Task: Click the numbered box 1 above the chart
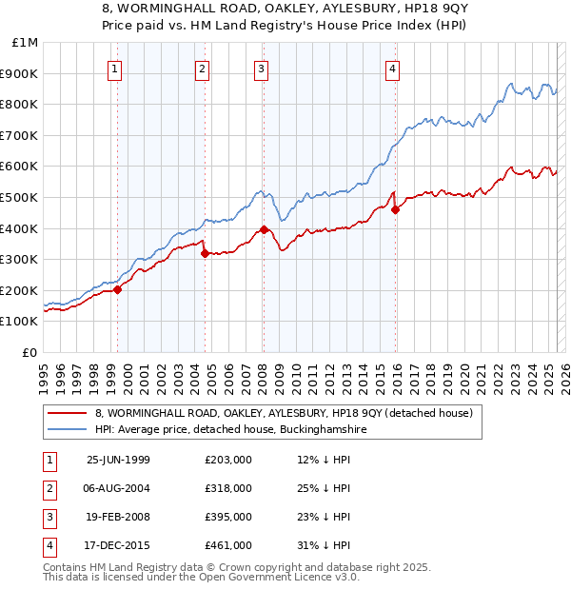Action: click(114, 68)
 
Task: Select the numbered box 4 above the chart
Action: click(392, 68)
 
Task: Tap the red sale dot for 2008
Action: click(263, 229)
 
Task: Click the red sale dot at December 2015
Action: click(395, 209)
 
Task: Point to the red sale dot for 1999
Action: click(118, 289)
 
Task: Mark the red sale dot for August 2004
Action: click(205, 253)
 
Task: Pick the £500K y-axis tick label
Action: click(20, 197)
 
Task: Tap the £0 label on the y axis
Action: click(30, 352)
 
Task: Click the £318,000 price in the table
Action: click(228, 488)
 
